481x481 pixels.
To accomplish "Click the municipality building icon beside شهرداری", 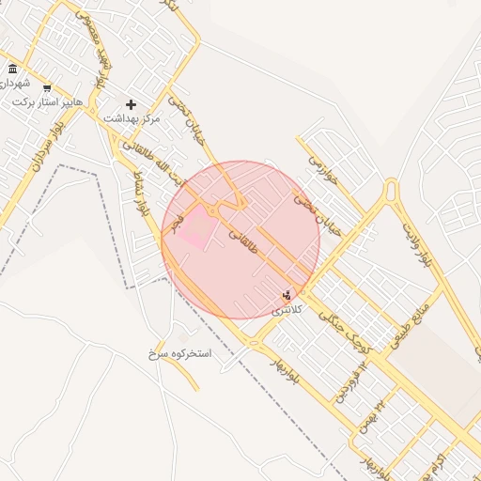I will [12, 70].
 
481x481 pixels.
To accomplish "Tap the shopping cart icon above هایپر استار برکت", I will [47, 88].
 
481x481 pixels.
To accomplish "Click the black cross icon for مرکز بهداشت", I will [131, 104].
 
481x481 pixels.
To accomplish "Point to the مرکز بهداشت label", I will [132, 118].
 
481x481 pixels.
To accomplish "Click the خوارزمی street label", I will [319, 170].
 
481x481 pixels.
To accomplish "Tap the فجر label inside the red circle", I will [179, 217].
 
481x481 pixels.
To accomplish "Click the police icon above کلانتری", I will [287, 294].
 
